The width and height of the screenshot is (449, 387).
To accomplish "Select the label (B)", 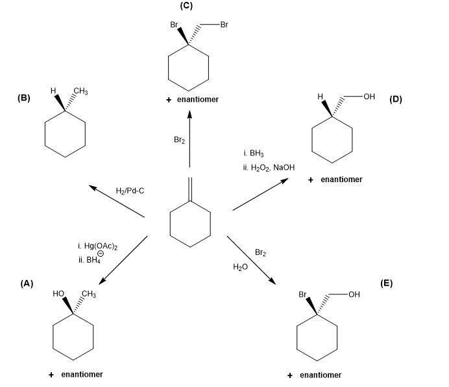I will tap(24, 99).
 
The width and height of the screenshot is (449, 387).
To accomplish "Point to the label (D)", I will tap(396, 100).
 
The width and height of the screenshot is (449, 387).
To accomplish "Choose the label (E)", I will tap(387, 283).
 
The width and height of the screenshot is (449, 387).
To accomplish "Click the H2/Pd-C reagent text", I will tap(129, 190).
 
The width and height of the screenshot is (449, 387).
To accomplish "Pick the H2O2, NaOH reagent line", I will tap(267, 167).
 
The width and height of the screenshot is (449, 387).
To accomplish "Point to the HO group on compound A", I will tap(58, 295).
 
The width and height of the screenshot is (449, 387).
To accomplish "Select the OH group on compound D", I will tap(369, 97).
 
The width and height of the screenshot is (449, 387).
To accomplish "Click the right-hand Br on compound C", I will tap(224, 25).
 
